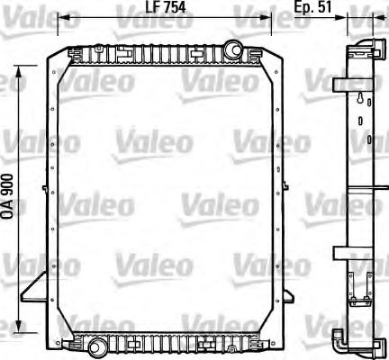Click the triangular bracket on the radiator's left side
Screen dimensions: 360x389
pos(37,289)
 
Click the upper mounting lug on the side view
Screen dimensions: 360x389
pos(338,85)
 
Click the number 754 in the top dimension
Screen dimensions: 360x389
pos(157,10)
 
